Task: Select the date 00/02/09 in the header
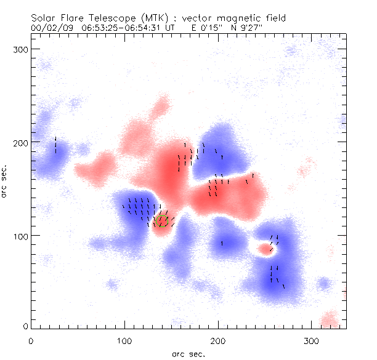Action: [50, 28]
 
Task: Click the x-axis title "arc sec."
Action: [188, 353]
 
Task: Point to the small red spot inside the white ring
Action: [265, 249]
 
